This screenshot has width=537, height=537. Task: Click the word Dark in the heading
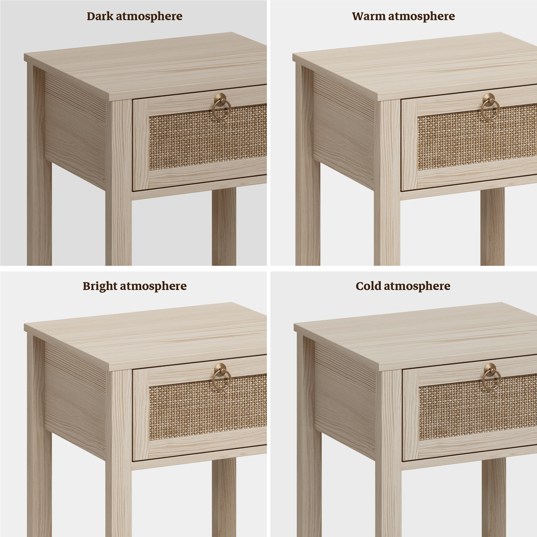click(100, 16)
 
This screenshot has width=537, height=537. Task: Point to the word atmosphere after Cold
click(417, 286)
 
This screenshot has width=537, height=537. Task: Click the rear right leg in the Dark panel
click(224, 227)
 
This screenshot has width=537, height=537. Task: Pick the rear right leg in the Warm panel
click(492, 227)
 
